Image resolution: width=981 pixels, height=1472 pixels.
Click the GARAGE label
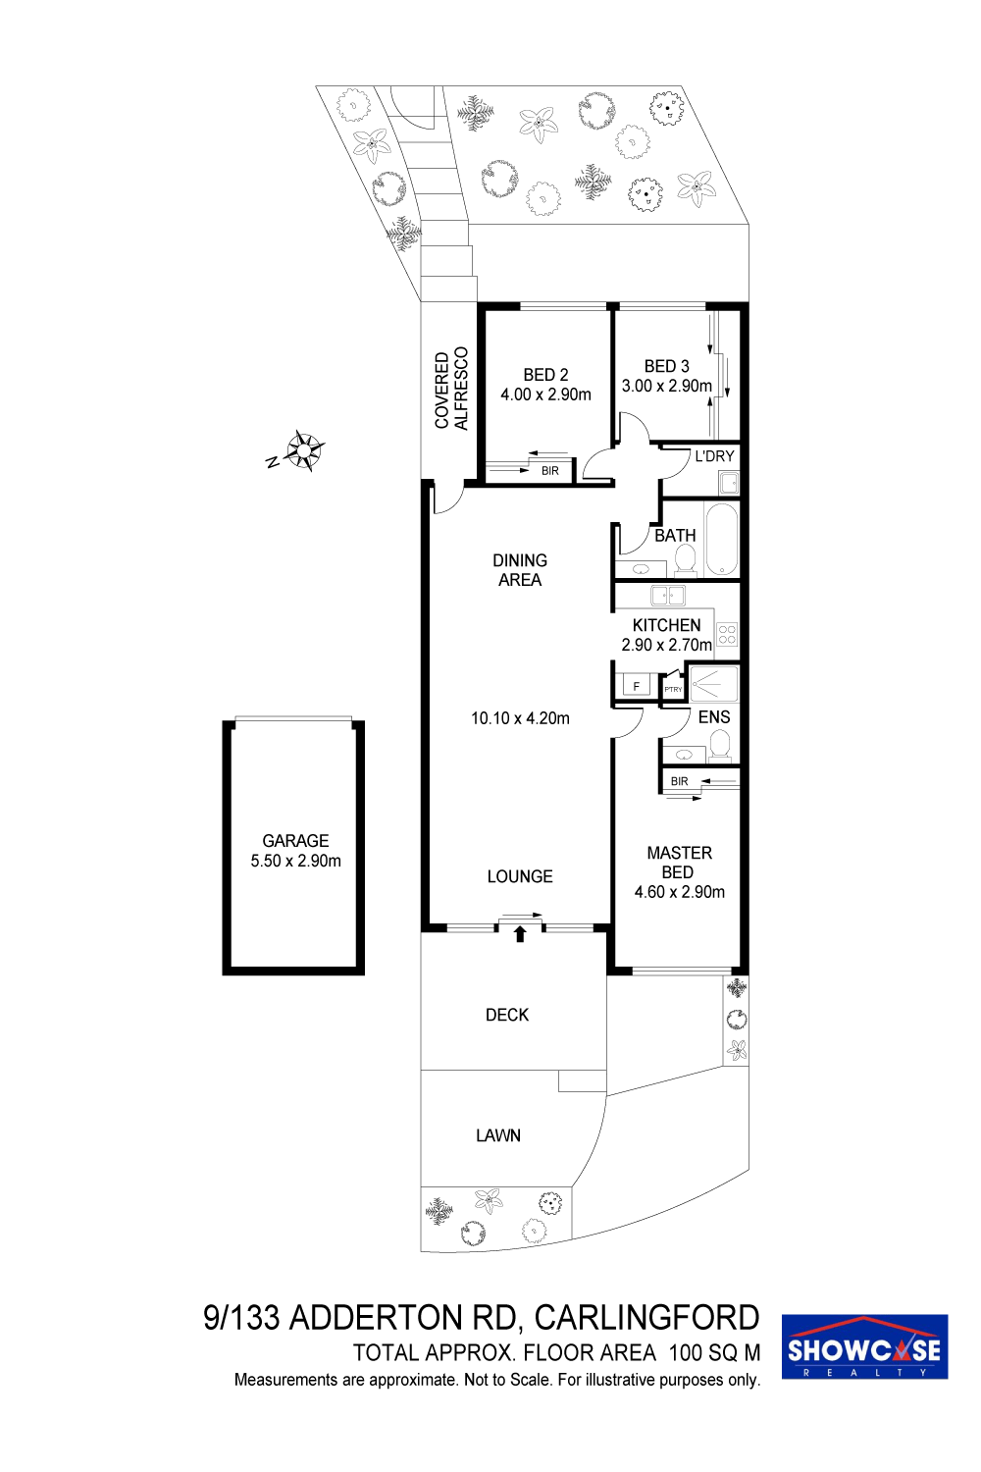[295, 840]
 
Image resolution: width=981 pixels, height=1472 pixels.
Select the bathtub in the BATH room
[721, 539]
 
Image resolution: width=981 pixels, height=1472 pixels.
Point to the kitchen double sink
[668, 596]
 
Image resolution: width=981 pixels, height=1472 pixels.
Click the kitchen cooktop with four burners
[727, 634]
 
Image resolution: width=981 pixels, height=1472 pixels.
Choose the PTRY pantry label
[673, 689]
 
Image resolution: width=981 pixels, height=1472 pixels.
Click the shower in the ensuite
[713, 683]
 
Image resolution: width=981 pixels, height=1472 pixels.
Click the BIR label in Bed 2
[550, 471]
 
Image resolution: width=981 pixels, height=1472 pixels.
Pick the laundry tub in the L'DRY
[729, 485]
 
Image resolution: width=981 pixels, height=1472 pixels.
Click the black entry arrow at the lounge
[520, 934]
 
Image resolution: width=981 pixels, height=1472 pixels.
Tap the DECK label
[506, 1015]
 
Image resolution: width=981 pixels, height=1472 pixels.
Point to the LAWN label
[498, 1135]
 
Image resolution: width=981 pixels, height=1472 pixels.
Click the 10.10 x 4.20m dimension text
[520, 718]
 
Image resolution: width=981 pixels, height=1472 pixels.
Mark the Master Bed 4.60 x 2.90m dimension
[680, 892]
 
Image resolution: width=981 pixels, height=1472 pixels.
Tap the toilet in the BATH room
[686, 560]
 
